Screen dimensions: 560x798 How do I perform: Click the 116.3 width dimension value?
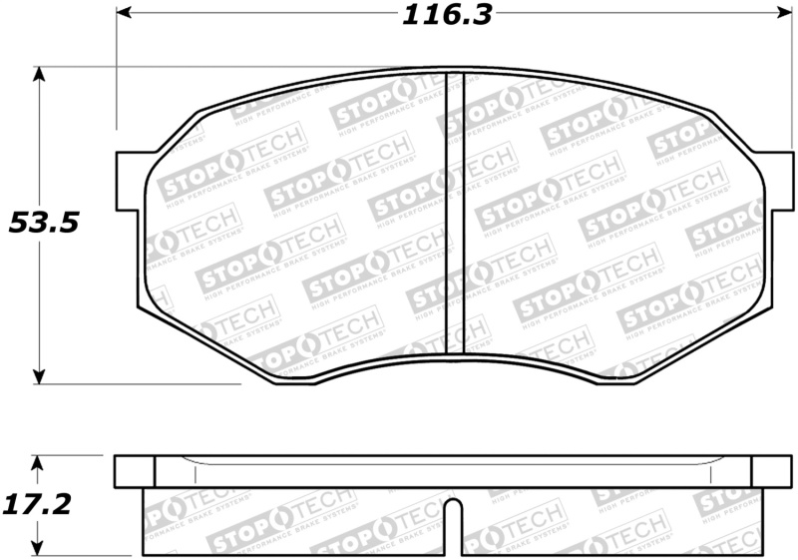click(447, 16)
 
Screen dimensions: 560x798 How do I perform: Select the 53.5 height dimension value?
click(43, 223)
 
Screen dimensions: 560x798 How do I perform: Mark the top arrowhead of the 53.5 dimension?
click(40, 76)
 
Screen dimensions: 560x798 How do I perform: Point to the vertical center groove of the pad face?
click(455, 210)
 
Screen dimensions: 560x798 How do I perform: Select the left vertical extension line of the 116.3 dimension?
click(117, 80)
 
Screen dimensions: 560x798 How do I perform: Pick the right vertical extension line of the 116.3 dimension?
click(780, 80)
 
